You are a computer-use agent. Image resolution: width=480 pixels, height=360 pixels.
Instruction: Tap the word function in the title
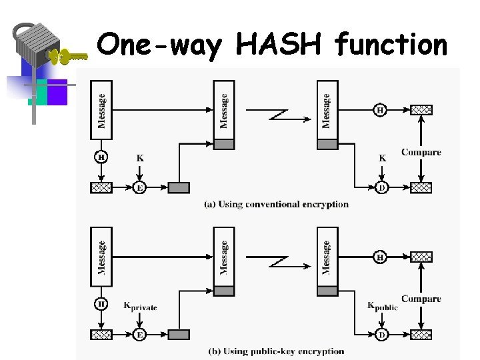click(391, 45)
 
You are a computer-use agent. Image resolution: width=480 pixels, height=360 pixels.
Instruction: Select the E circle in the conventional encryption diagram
click(139, 188)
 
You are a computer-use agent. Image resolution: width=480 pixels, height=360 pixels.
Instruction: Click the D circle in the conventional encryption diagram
click(381, 188)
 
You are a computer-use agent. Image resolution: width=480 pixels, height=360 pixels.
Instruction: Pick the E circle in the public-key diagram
click(139, 335)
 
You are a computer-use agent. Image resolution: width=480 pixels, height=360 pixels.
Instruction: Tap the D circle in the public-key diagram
click(381, 335)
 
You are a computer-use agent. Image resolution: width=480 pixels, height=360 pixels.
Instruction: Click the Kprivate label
click(140, 307)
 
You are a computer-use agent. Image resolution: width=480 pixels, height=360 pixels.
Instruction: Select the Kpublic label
click(382, 307)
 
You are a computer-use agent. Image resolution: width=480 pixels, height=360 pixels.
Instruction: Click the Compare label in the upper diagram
click(421, 153)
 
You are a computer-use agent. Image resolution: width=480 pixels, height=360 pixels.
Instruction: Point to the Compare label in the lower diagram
click(421, 299)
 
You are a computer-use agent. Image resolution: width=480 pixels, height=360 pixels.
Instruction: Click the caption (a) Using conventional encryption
click(276, 204)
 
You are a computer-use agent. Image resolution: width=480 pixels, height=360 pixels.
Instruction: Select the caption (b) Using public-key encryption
click(276, 351)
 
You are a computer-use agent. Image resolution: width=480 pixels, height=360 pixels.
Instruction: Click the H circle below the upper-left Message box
click(101, 157)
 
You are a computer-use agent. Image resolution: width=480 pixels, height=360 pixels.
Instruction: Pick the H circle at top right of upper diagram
click(379, 110)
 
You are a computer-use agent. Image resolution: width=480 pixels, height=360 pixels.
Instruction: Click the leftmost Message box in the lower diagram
click(101, 257)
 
